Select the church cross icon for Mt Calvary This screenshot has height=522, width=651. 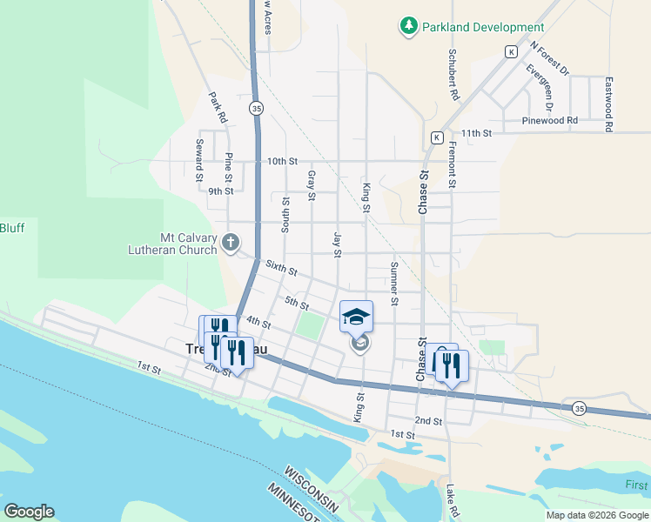click(x=231, y=242)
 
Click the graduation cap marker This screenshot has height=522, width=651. click(x=356, y=316)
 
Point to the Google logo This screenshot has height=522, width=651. click(x=29, y=512)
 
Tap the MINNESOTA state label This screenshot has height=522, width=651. click(x=292, y=504)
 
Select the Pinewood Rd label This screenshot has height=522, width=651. click(x=550, y=120)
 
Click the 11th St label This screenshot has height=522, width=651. click(x=477, y=133)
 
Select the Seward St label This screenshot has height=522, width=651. click(x=199, y=159)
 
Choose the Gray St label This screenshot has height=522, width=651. click(x=311, y=185)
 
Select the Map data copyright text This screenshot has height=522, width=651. click(x=597, y=515)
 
